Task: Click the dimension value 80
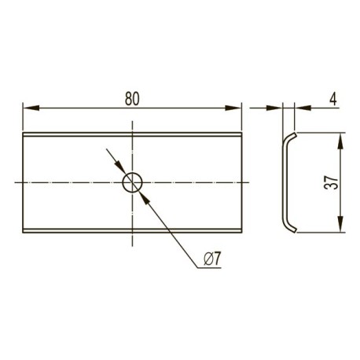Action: click(132, 98)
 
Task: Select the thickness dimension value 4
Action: click(332, 99)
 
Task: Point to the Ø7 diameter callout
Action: click(212, 259)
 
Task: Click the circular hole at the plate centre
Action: click(132, 182)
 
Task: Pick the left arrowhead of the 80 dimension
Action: click(31, 108)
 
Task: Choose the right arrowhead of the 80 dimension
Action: click(233, 108)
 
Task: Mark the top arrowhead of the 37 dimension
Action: click(340, 141)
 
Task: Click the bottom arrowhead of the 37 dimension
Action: click(340, 224)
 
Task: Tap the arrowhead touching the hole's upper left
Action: click(120, 167)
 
